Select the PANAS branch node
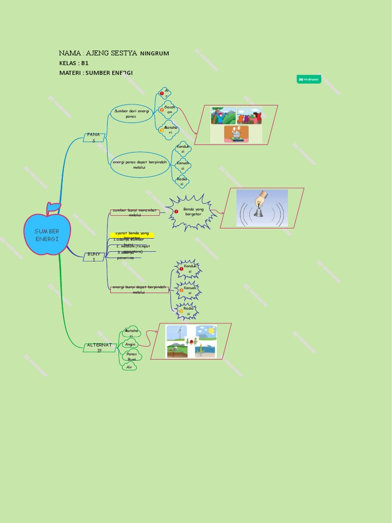click(93, 137)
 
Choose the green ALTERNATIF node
click(100, 347)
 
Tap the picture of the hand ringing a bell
click(262, 208)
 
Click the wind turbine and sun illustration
click(191, 341)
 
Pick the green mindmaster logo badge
click(311, 79)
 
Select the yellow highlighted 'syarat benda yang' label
click(132, 235)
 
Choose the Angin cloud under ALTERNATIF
click(131, 344)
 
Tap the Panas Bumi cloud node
click(132, 356)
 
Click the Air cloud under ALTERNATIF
click(129, 367)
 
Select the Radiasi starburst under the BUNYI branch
click(188, 311)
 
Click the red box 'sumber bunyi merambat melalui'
click(135, 212)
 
